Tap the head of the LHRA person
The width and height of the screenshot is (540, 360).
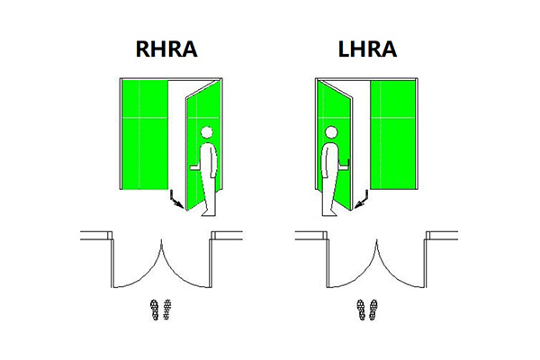coord(330,133)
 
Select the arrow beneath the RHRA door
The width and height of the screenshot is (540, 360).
coord(176,200)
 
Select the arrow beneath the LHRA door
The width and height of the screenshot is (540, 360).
coord(363,200)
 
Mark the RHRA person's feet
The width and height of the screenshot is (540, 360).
coord(208,212)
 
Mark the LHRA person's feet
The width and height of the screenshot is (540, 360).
coord(331,212)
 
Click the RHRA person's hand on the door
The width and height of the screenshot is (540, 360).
coord(193,168)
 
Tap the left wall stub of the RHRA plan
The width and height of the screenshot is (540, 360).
coord(95,236)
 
